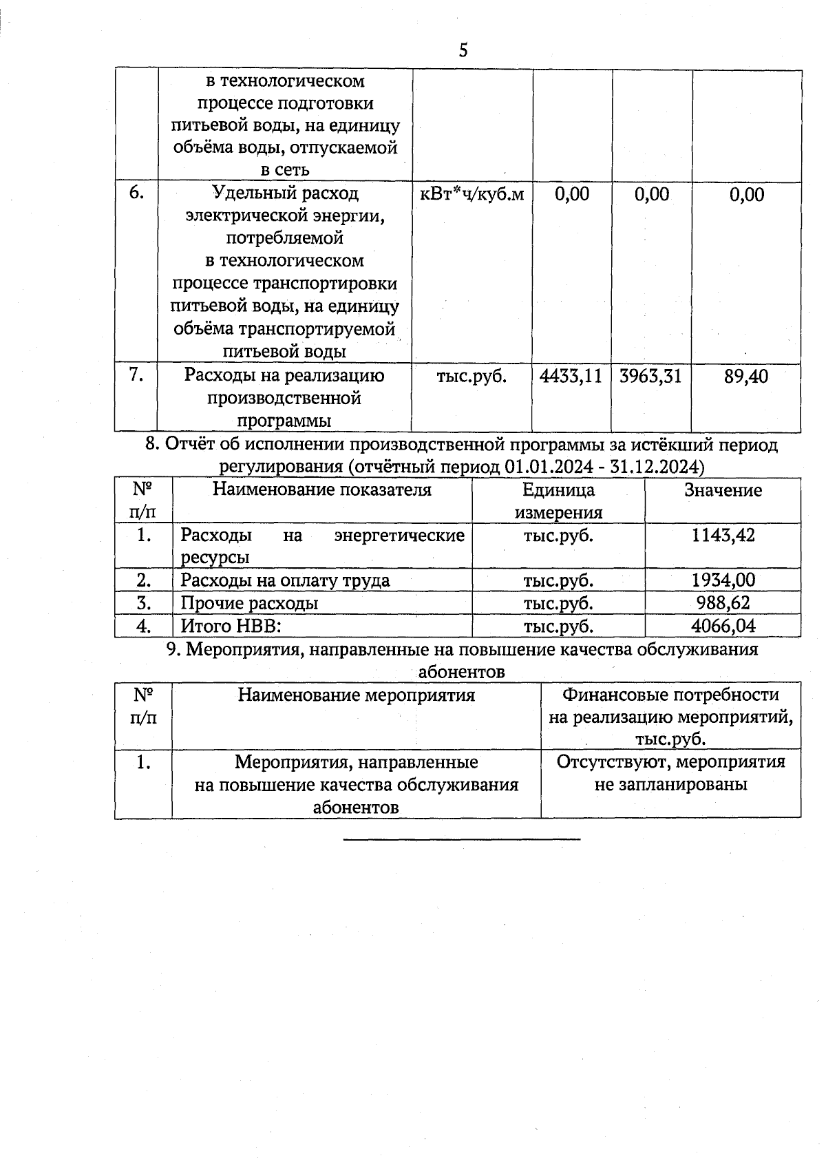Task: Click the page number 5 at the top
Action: pyautogui.click(x=463, y=50)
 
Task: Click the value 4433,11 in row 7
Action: pyautogui.click(x=571, y=377)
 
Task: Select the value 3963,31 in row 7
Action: pyautogui.click(x=650, y=377)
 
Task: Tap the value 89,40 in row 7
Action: pyautogui.click(x=746, y=377)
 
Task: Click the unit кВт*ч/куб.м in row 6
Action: pyautogui.click(x=472, y=195)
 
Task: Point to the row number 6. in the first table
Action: pyautogui.click(x=136, y=193)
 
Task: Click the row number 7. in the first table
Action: pyautogui.click(x=136, y=375)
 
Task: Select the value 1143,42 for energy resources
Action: pyautogui.click(x=723, y=535)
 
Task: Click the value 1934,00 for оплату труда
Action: pyautogui.click(x=723, y=580)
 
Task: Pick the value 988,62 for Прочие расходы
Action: pyautogui.click(x=723, y=603)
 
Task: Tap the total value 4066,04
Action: pyautogui.click(x=723, y=626)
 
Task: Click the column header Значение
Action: pyautogui.click(x=723, y=490)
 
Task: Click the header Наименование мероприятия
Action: pyautogui.click(x=356, y=695)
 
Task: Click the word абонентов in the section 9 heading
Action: pyautogui.click(x=461, y=671)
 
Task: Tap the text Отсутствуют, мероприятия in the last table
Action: pyautogui.click(x=670, y=762)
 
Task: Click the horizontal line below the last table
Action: pyautogui.click(x=461, y=839)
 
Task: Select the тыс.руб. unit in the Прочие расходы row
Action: pyautogui.click(x=558, y=603)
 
